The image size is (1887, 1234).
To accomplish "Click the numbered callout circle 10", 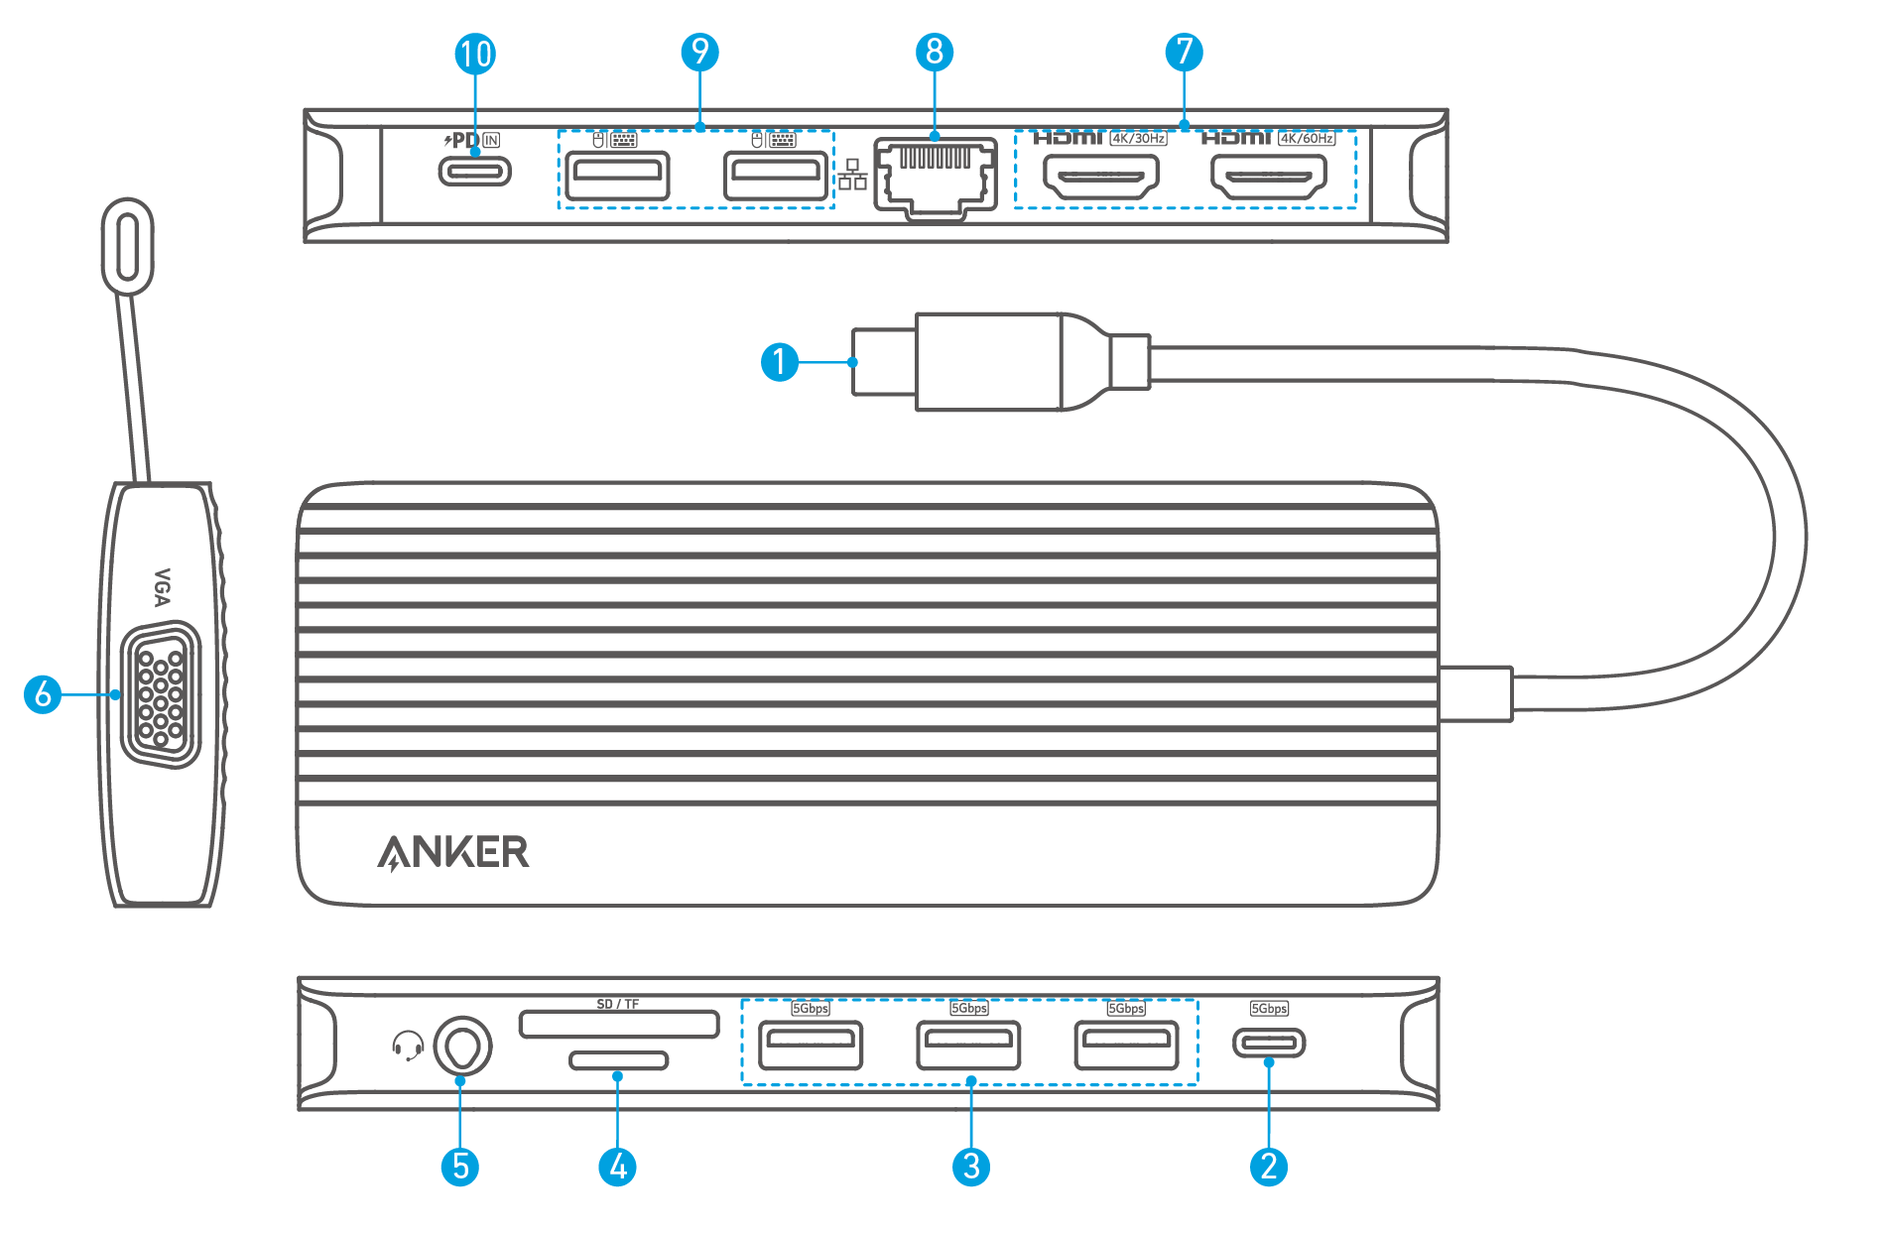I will point(475,54).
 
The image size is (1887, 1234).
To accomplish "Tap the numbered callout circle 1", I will point(780,362).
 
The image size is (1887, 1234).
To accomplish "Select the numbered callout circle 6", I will point(43,694).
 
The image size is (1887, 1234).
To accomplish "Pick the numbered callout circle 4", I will point(617,1167).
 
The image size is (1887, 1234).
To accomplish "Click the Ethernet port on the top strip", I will point(935,177).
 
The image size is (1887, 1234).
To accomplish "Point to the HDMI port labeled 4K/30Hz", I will point(1100,178).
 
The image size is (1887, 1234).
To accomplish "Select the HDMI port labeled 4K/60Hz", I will point(1268,178).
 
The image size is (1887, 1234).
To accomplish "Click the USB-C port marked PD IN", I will point(475,172).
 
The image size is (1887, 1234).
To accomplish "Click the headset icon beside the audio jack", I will point(407,1046).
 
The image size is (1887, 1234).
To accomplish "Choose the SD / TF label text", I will point(618,1005).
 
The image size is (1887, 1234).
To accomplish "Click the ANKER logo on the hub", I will point(453,852).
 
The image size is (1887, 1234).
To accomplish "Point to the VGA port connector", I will point(160,694).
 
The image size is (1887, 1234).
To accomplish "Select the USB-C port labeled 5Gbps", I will point(1269,1043).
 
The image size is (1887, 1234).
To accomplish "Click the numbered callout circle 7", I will point(1184,52).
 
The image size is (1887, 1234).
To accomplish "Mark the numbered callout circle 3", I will point(970,1167).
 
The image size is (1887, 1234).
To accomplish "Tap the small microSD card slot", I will point(618,1060).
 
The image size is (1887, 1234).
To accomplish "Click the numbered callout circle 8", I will point(935,52).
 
